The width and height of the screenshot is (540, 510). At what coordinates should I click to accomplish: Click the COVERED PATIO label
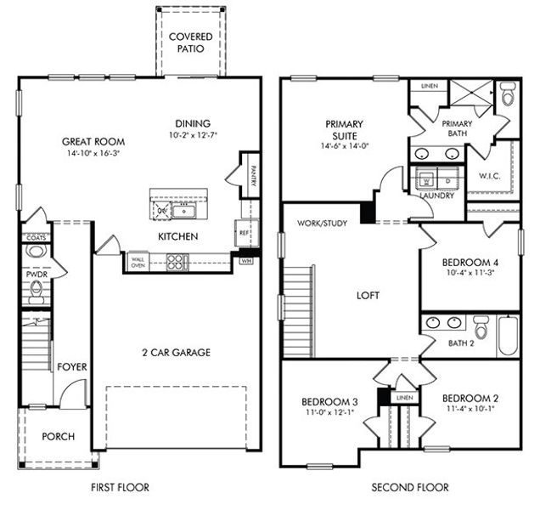coord(190,42)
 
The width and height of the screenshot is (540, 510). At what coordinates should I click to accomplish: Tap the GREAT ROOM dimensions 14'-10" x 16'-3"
coord(93,155)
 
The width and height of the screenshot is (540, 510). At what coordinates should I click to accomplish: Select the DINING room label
coord(193,123)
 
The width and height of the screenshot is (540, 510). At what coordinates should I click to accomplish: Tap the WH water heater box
coord(247,261)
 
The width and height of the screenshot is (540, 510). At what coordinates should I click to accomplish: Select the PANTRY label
coord(252,174)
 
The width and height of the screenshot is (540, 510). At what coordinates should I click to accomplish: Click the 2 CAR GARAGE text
coord(177,352)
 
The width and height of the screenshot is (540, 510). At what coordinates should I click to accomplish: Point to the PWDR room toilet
coord(36,292)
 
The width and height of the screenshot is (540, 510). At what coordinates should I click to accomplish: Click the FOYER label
coord(72,367)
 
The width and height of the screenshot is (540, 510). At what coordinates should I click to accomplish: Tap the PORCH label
coord(58,437)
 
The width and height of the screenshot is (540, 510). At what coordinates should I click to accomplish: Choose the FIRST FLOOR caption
coord(120,488)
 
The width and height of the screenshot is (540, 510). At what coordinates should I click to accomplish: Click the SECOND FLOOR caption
coord(410,488)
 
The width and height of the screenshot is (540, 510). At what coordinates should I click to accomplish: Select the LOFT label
coord(368,296)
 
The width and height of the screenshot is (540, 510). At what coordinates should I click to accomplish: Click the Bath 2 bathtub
coord(507,335)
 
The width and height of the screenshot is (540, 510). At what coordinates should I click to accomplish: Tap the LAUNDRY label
coord(436,195)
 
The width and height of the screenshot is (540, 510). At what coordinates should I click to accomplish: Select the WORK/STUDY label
coord(320,224)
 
